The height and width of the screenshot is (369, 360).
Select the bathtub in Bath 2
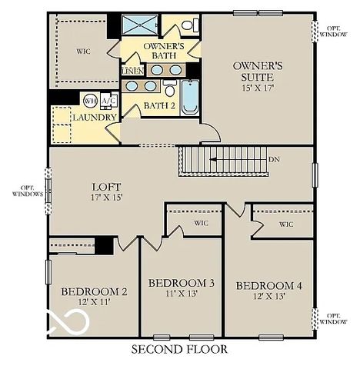(x=190, y=97)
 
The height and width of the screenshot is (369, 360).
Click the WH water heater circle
(x=90, y=101)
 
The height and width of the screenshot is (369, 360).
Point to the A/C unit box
(x=108, y=101)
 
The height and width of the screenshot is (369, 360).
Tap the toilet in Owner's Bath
(x=188, y=25)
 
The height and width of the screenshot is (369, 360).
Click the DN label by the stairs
(x=274, y=160)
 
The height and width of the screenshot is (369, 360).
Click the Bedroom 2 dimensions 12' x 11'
(x=94, y=303)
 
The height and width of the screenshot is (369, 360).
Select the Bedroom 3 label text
(x=181, y=283)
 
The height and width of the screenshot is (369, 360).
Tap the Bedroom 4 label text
(x=269, y=285)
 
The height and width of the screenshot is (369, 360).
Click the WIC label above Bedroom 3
(x=202, y=224)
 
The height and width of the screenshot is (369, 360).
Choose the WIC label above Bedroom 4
(x=285, y=224)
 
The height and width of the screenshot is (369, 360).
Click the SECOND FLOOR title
(x=179, y=350)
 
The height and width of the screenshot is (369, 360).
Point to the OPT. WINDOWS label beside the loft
(x=27, y=191)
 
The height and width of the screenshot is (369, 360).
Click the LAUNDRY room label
(x=94, y=118)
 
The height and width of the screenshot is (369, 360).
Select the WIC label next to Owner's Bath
(x=83, y=52)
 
